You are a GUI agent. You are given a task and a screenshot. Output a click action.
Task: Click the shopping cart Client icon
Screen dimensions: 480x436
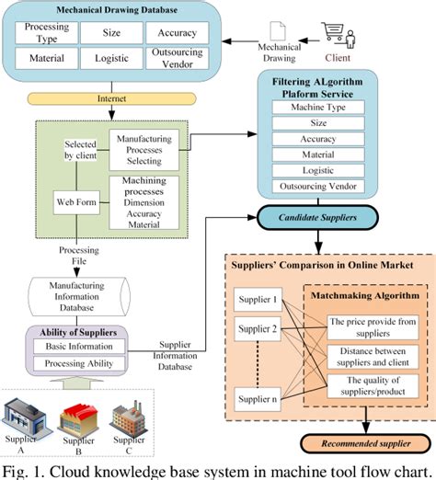click(x=334, y=36)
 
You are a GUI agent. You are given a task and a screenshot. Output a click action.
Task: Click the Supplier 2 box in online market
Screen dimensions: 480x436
click(x=258, y=328)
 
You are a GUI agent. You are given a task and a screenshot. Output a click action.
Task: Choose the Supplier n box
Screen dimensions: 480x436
click(x=258, y=400)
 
